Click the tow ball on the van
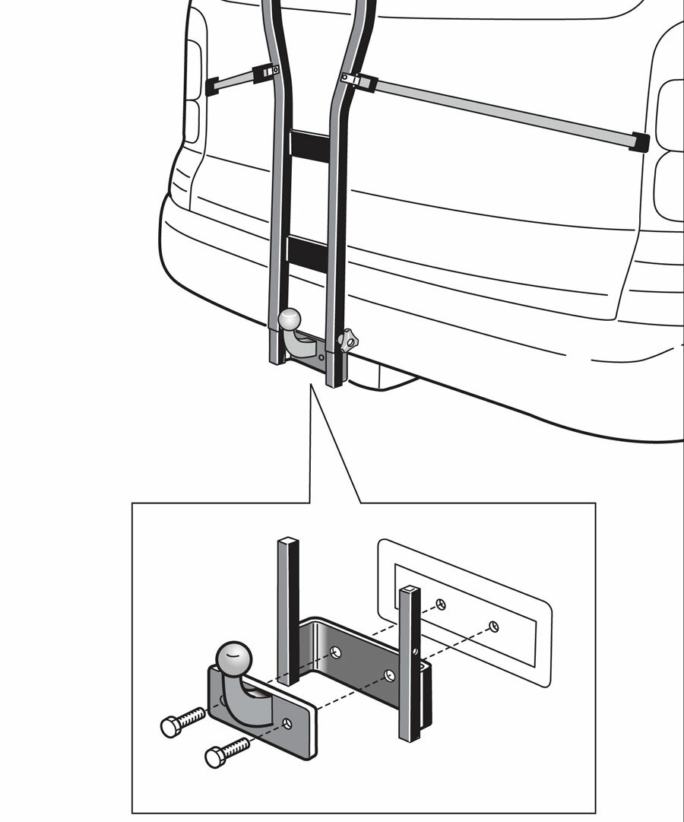290,319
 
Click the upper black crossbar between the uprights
309,144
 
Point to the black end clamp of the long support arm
639,142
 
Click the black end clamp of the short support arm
211,86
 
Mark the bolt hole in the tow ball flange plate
287,723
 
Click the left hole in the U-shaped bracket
335,651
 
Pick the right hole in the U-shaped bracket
390,674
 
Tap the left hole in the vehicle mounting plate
442,605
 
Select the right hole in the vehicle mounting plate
494,626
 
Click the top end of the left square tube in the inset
288,542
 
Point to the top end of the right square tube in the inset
409,590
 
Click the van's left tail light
193,91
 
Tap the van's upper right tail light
670,114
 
